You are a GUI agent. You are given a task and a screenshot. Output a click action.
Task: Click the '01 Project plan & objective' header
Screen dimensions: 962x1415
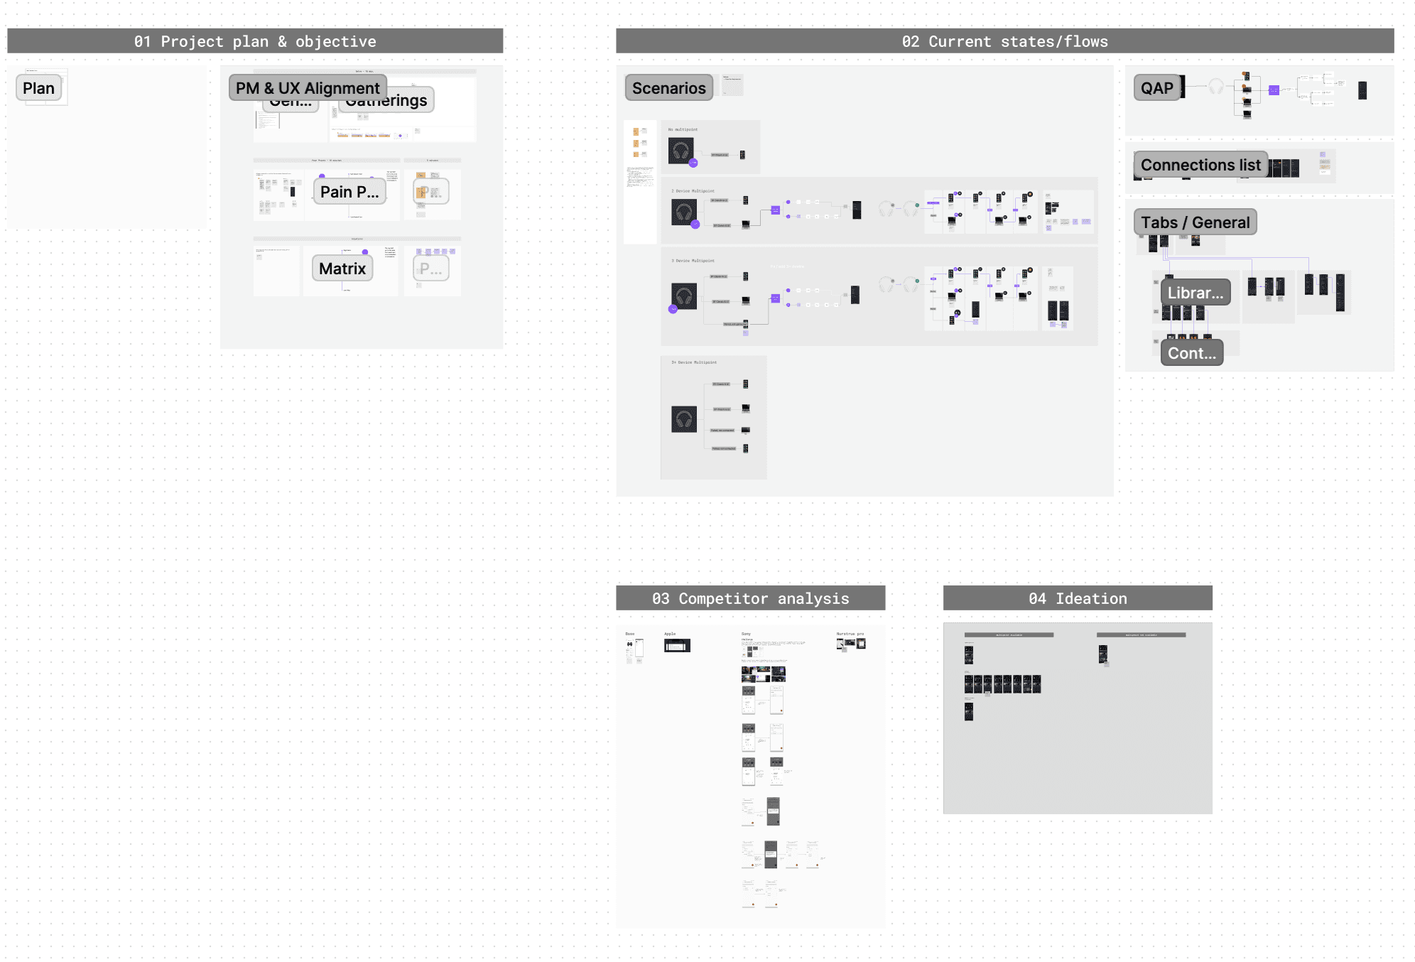(x=255, y=41)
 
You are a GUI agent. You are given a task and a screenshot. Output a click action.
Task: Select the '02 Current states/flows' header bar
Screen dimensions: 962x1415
(x=1004, y=41)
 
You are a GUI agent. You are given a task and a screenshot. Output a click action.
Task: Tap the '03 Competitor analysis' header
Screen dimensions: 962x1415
(x=750, y=598)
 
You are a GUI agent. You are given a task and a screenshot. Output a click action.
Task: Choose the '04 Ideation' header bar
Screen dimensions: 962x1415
(x=1077, y=598)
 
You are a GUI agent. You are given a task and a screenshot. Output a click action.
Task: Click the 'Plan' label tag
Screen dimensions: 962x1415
(x=38, y=88)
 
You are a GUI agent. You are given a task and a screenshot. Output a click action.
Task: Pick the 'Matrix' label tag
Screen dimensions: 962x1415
(x=342, y=269)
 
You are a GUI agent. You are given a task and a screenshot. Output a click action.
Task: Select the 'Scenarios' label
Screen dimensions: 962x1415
(x=668, y=88)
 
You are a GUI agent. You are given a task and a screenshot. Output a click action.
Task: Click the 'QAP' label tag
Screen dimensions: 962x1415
(x=1156, y=88)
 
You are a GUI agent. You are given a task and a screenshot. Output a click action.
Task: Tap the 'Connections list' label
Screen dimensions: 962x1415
(x=1200, y=165)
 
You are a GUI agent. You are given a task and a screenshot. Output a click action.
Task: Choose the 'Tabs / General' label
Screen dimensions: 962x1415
(x=1195, y=222)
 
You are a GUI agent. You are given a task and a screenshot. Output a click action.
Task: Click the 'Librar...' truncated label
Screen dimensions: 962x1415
(x=1195, y=293)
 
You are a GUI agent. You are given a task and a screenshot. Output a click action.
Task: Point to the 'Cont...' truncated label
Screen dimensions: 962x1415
(x=1191, y=353)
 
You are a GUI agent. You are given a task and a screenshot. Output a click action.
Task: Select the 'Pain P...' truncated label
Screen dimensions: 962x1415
(x=349, y=192)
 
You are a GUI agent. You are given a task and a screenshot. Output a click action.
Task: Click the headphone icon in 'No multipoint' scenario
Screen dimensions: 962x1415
(x=681, y=151)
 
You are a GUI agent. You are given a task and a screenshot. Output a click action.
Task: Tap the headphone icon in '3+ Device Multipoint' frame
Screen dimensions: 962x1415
(x=684, y=419)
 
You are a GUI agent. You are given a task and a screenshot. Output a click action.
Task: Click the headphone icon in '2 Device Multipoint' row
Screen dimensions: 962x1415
(x=684, y=212)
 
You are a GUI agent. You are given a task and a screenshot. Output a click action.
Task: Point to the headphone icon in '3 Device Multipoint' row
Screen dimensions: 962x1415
(x=684, y=296)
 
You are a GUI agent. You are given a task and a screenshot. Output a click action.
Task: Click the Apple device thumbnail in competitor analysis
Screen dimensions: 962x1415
(x=677, y=645)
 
